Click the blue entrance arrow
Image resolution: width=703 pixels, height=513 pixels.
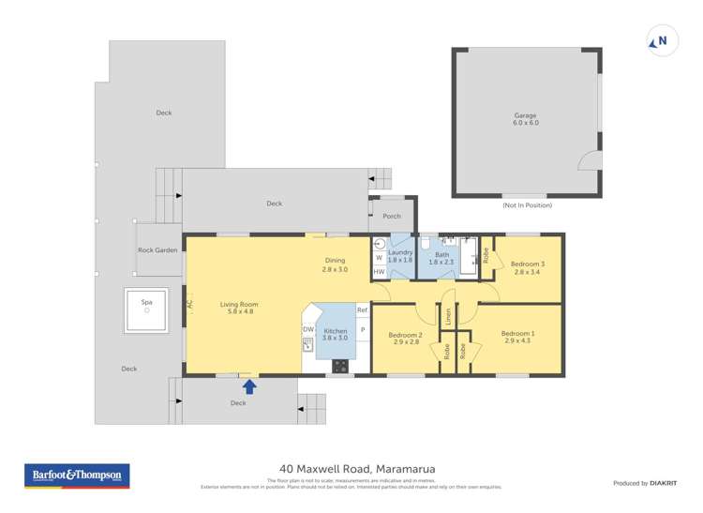tap(249, 384)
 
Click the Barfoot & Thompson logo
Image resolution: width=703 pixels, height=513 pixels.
tap(77, 475)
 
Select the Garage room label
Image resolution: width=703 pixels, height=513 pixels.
tap(525, 119)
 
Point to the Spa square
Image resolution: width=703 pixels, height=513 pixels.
tap(147, 310)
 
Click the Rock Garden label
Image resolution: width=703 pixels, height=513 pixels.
tap(157, 250)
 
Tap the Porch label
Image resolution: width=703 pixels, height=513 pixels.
tap(392, 217)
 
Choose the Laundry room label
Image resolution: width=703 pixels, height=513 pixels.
tap(400, 257)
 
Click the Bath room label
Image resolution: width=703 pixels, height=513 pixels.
tap(441, 258)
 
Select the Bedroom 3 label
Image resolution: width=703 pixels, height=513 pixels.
tap(528, 268)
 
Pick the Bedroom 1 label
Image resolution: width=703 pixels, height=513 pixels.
tap(517, 338)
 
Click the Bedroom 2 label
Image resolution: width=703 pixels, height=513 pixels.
tap(406, 339)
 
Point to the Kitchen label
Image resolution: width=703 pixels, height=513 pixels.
tap(336, 334)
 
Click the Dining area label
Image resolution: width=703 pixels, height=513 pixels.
tap(335, 265)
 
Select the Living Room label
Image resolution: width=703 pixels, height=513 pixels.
tap(239, 308)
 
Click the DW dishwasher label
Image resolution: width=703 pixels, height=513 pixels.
tap(307, 329)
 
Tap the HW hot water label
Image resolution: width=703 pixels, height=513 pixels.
tap(379, 272)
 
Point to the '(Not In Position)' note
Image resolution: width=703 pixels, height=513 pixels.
tap(526, 204)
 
